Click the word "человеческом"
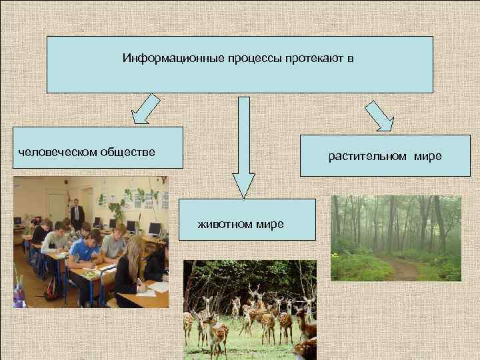pyautogui.click(x=57, y=152)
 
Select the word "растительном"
pyautogui.click(x=367, y=157)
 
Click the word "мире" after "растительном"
pyautogui.click(x=427, y=157)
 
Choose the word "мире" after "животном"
pyautogui.click(x=270, y=224)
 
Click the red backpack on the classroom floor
pyautogui.click(x=51, y=289)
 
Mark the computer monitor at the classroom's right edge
pyautogui.click(x=155, y=229)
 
